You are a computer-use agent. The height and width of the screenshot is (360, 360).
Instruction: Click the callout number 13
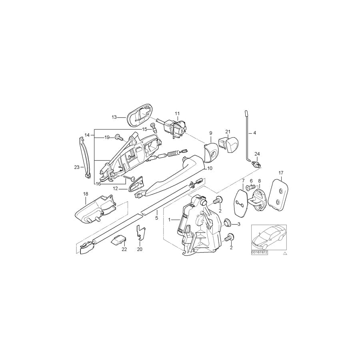click(114, 117)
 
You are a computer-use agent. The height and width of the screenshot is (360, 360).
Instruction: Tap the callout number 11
click(177, 114)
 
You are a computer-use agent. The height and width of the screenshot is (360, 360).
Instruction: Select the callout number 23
click(77, 167)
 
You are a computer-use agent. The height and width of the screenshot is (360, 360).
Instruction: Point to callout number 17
click(281, 173)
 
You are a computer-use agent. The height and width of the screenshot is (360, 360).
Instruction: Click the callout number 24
click(257, 154)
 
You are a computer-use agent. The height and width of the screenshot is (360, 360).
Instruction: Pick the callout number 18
click(86, 194)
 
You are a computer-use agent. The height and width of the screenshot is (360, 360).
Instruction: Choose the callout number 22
click(124, 249)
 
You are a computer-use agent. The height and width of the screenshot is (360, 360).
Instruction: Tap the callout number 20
click(140, 249)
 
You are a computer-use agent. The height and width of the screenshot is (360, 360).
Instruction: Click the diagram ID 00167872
click(260, 252)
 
